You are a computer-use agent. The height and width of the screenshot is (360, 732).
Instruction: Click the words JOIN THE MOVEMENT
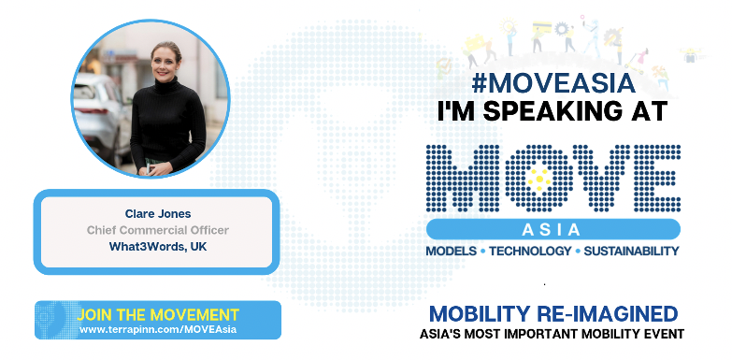click(x=158, y=314)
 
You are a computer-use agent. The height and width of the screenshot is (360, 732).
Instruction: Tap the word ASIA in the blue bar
click(x=553, y=228)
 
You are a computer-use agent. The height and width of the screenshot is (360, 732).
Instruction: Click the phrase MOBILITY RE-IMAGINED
click(x=553, y=312)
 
